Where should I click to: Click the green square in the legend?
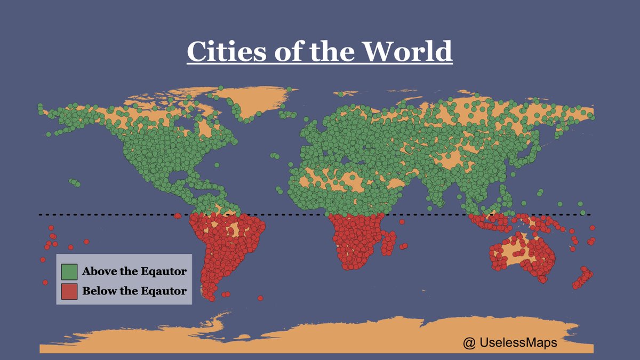(x=69, y=272)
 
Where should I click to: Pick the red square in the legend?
(x=69, y=291)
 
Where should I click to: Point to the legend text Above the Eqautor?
(x=134, y=272)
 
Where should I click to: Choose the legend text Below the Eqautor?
(x=134, y=291)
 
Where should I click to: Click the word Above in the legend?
(x=99, y=272)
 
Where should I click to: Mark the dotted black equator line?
(x=299, y=215)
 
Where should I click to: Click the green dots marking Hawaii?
(x=74, y=182)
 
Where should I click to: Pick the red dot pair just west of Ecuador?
(x=177, y=216)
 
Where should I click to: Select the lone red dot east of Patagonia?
(x=260, y=298)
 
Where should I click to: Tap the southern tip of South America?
(x=212, y=298)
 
